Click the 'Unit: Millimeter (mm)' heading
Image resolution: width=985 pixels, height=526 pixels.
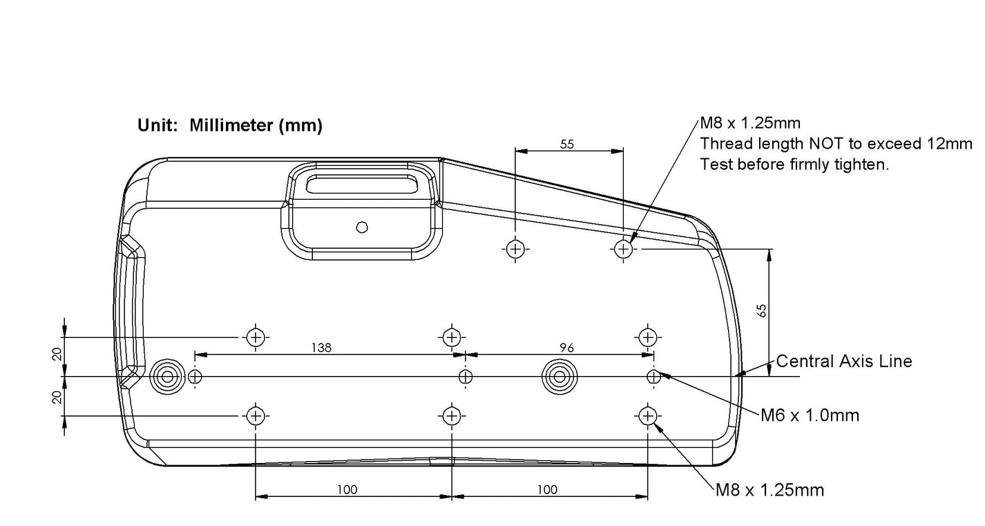tap(230, 125)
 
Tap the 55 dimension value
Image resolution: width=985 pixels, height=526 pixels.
tap(567, 144)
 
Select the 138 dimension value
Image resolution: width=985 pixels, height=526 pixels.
tap(321, 348)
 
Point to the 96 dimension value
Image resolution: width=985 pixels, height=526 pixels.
tap(567, 348)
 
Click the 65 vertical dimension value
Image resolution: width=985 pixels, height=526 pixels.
tap(762, 310)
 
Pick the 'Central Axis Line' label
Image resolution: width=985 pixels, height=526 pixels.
tap(844, 361)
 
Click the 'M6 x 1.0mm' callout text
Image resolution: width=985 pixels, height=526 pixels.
tap(810, 415)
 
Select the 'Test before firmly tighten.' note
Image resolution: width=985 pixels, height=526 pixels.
tap(794, 165)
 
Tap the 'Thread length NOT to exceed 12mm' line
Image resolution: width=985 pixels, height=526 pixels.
tap(836, 144)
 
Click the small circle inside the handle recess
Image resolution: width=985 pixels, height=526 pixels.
tap(362, 227)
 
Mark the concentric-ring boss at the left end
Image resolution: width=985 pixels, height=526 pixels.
tap(167, 377)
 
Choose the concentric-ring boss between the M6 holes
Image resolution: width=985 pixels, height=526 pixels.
tap(560, 377)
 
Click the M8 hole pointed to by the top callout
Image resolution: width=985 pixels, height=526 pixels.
tap(623, 249)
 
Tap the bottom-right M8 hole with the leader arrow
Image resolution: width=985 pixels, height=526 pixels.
tap(648, 415)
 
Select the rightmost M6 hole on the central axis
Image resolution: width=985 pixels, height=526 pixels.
tap(653, 377)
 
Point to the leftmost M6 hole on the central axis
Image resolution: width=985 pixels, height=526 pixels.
tap(195, 377)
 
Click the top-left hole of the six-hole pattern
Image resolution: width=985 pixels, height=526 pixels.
tap(256, 337)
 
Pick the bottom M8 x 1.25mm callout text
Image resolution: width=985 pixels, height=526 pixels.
tap(769, 490)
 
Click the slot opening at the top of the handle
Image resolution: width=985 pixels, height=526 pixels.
tap(362, 184)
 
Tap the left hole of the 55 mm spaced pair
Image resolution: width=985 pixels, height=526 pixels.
tap(515, 249)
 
